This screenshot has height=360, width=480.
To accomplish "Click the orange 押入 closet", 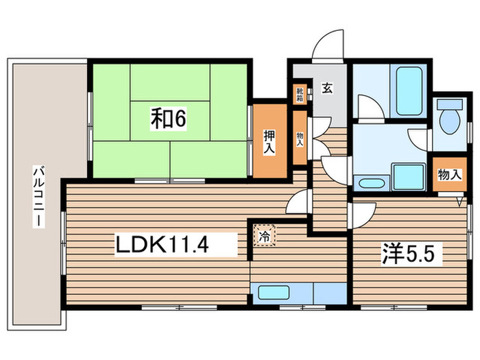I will point(269,141).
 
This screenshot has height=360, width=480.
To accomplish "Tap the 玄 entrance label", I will point(328,88).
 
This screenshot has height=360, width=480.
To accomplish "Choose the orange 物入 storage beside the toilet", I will point(449,176).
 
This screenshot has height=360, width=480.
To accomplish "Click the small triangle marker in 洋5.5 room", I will point(461,202).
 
